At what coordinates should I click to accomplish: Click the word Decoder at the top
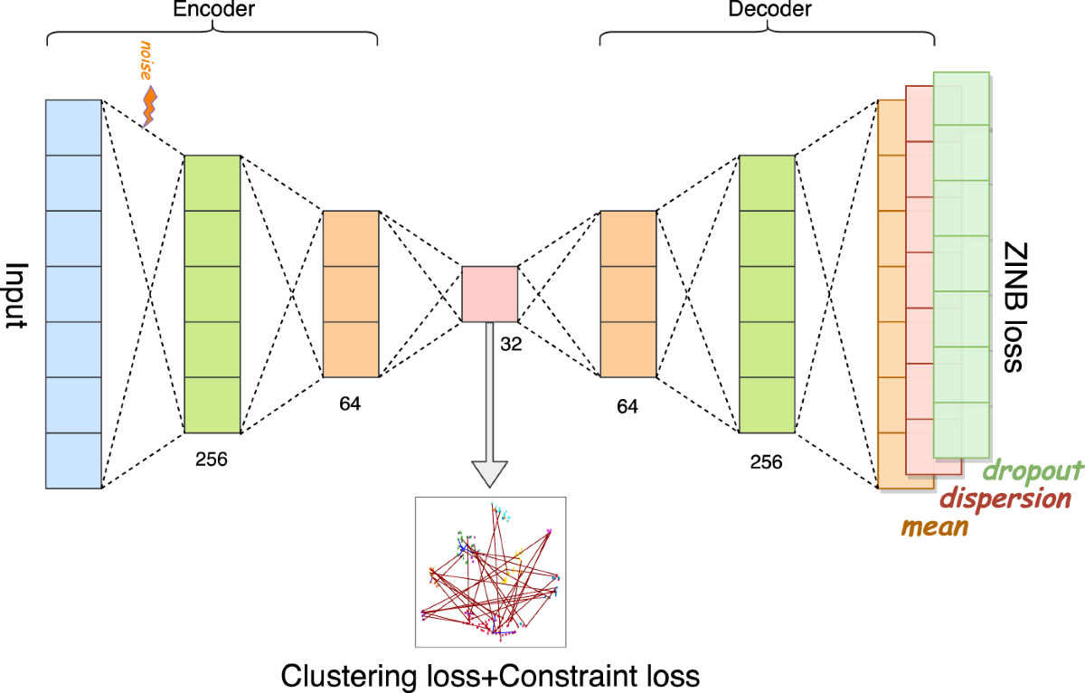[770, 10]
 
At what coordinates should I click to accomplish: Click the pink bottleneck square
[489, 294]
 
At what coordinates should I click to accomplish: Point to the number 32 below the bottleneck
[512, 344]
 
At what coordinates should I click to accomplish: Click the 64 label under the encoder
[350, 403]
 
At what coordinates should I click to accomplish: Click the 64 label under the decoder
[627, 407]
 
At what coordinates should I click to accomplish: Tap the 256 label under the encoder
[212, 459]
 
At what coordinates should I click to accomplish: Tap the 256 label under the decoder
[766, 461]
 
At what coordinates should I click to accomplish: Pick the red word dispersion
[1005, 498]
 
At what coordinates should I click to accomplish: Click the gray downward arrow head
[489, 474]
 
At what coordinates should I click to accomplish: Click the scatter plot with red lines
[490, 572]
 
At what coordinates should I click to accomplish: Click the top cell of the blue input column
[73, 128]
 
